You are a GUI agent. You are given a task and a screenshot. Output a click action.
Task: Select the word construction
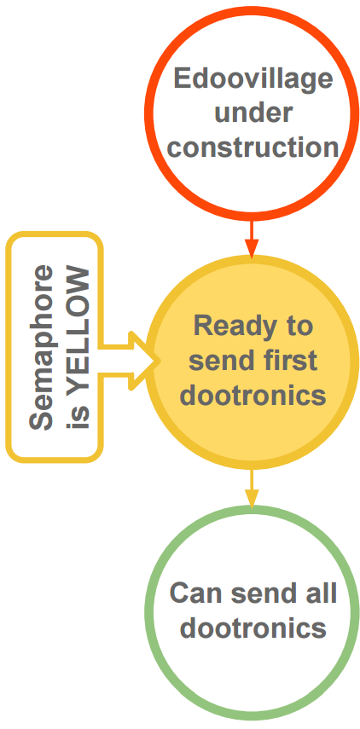253,147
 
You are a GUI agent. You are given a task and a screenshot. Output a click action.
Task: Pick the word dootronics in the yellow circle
253,396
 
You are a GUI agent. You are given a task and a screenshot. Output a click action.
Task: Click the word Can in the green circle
191,593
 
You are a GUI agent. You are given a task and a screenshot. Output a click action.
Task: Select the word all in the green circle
322,593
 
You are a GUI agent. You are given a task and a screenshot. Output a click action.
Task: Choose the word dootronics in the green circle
253,628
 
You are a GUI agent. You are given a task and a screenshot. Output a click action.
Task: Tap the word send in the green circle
259,593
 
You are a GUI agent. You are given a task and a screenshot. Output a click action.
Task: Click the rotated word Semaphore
42,347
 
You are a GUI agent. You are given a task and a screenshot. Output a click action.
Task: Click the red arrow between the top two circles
252,239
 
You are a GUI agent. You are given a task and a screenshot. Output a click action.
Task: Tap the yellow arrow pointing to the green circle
252,489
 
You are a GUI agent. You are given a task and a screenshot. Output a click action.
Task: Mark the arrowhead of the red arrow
252,249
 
